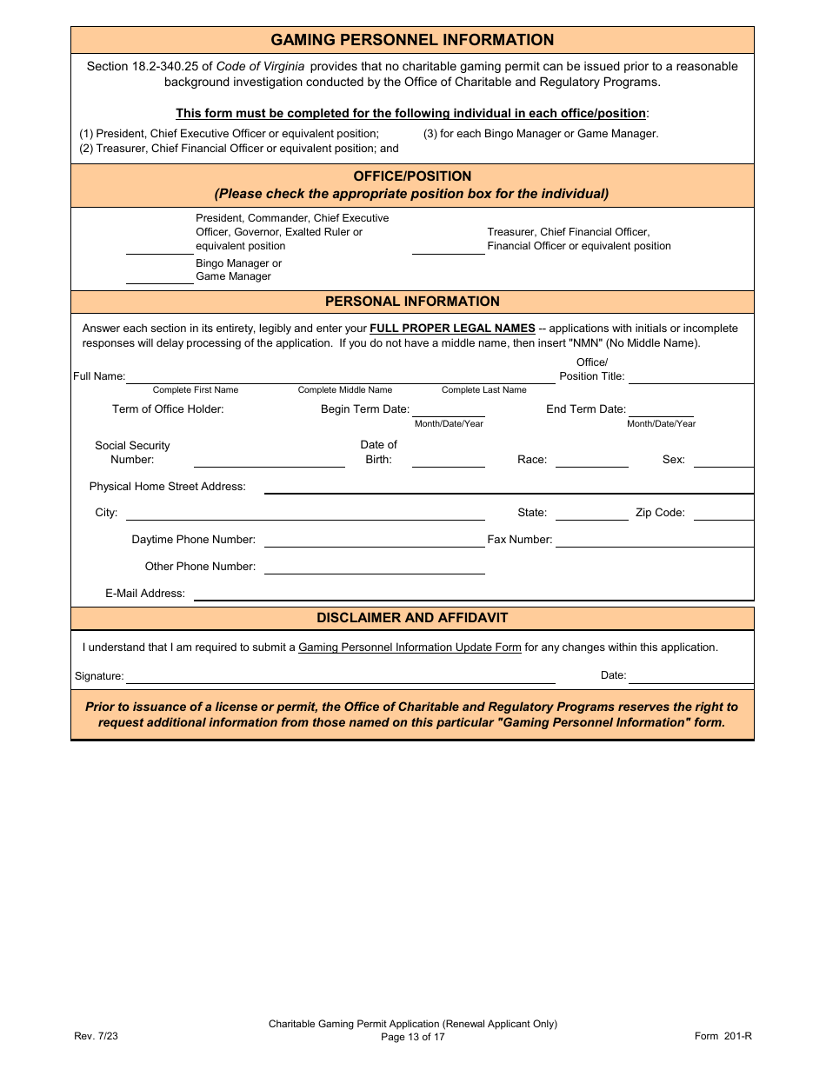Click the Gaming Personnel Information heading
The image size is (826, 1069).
point(412,40)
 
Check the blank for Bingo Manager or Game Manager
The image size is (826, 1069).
point(160,276)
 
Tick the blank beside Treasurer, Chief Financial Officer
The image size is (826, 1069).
point(448,247)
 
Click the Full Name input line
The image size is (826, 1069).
point(340,375)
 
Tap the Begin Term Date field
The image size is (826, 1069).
point(448,409)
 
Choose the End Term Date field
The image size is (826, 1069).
point(661,409)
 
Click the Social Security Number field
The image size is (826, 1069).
point(269,460)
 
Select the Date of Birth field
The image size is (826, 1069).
point(448,460)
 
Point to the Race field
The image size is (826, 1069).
point(591,460)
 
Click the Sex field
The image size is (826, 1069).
point(723,460)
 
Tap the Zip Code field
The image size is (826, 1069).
point(723,513)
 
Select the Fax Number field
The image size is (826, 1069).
point(654,540)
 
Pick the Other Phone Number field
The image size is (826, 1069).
point(374,567)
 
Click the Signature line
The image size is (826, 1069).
point(340,676)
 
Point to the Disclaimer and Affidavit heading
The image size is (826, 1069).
point(412,618)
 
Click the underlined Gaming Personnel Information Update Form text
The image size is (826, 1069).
point(410,647)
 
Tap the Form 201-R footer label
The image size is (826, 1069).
point(723,1036)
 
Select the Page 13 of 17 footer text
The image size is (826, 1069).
point(412,1037)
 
